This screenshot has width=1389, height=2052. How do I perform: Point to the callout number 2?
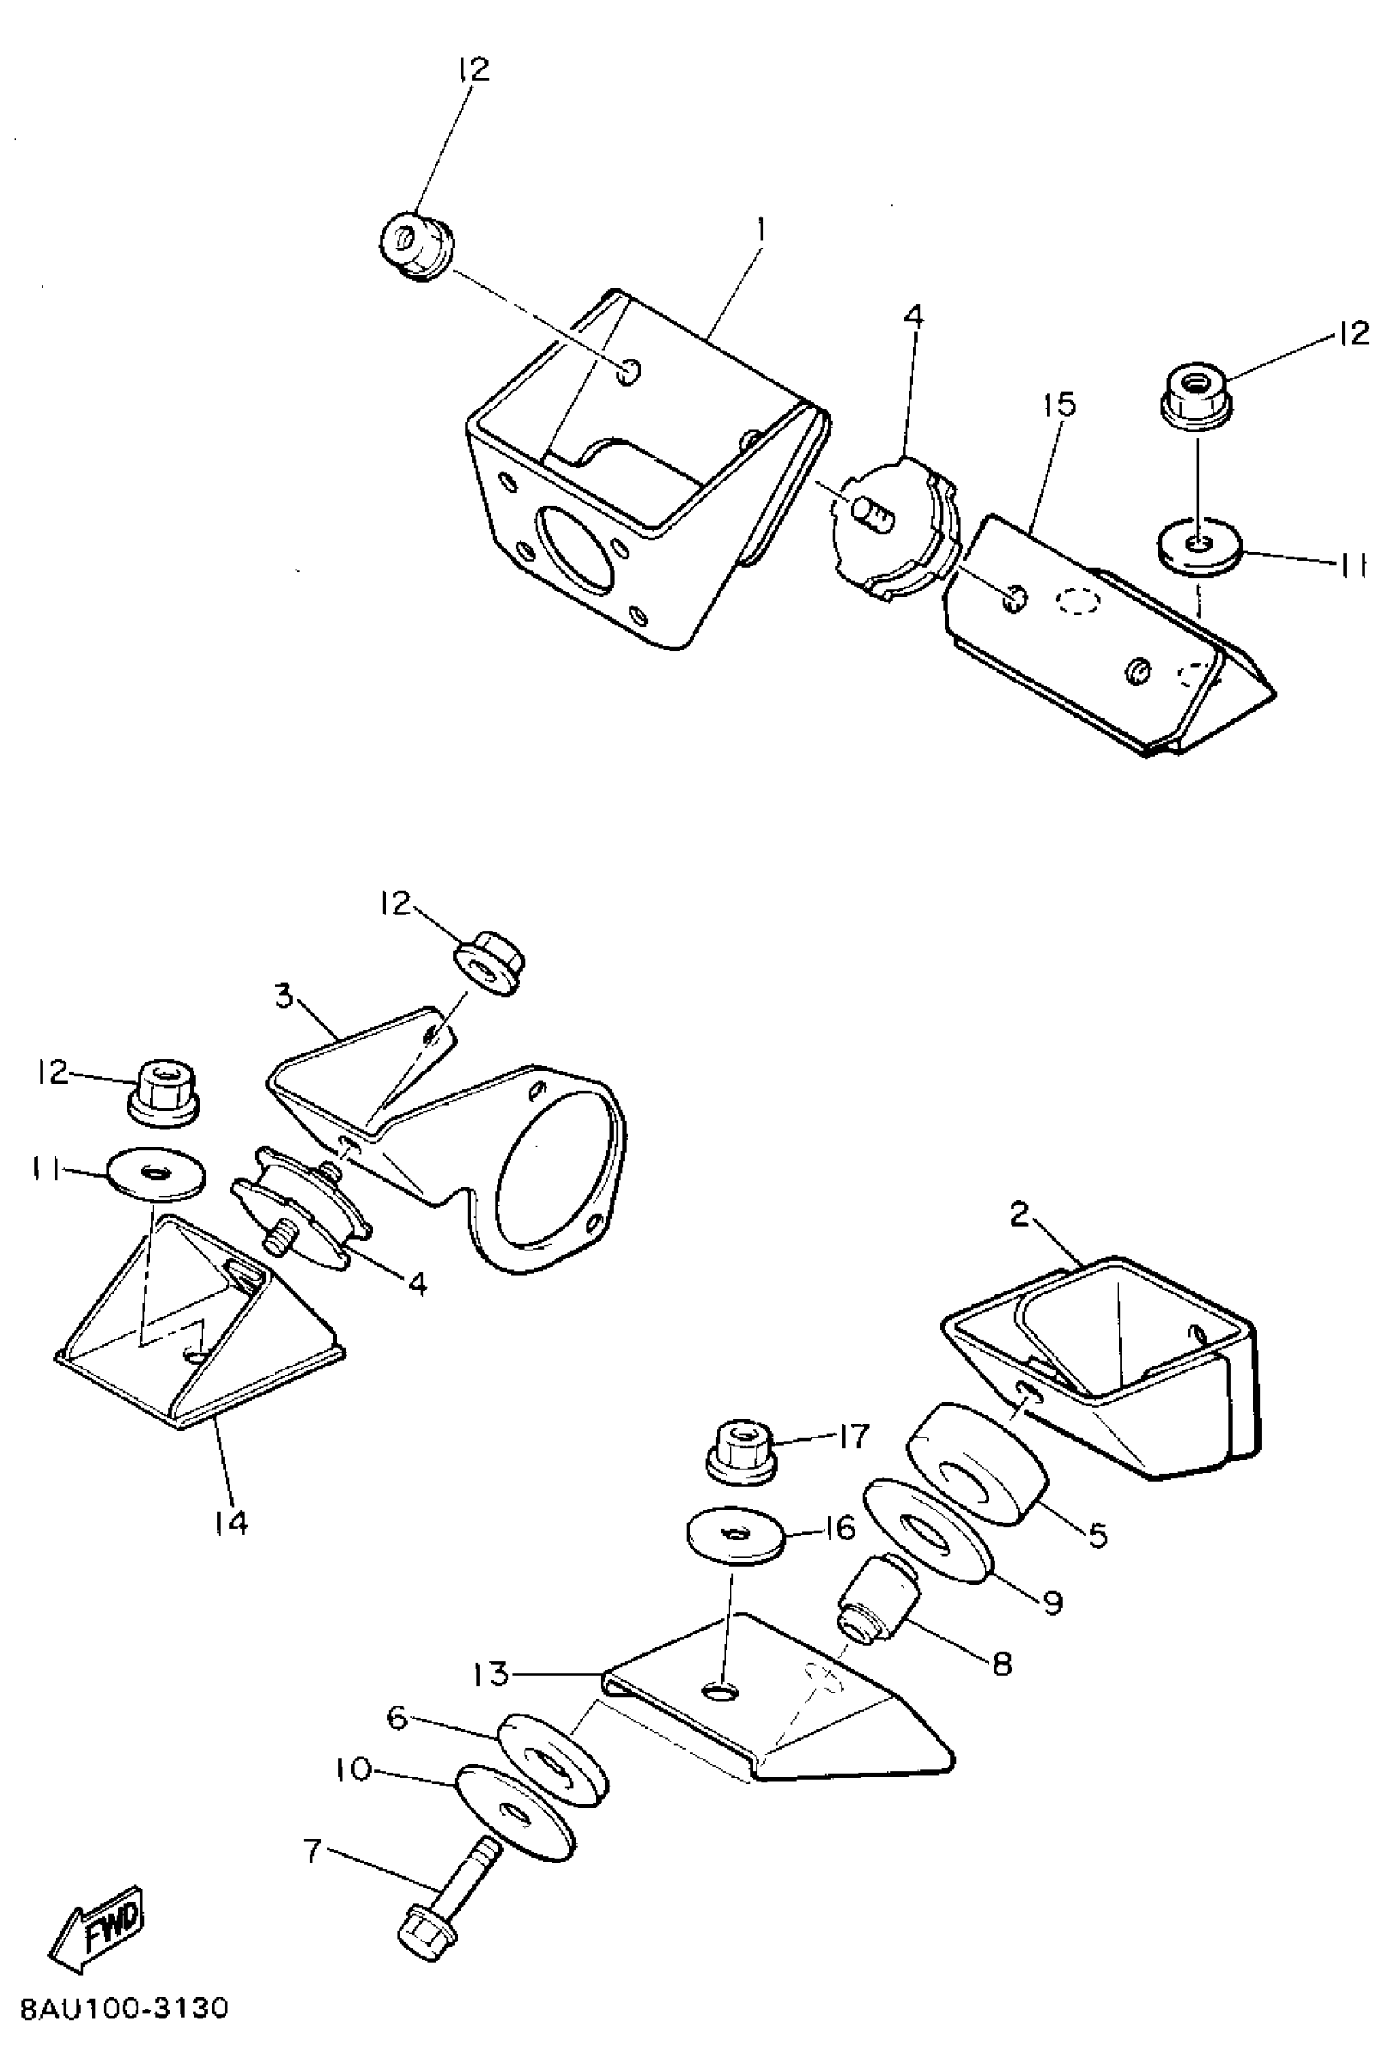tap(1020, 1216)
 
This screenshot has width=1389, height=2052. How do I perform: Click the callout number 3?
tap(284, 996)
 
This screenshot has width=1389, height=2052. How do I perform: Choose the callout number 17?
tap(854, 1437)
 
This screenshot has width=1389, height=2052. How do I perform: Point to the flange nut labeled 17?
tap(741, 1452)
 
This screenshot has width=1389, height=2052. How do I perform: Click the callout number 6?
tap(397, 1718)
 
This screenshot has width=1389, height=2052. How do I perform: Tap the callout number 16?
tap(839, 1527)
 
